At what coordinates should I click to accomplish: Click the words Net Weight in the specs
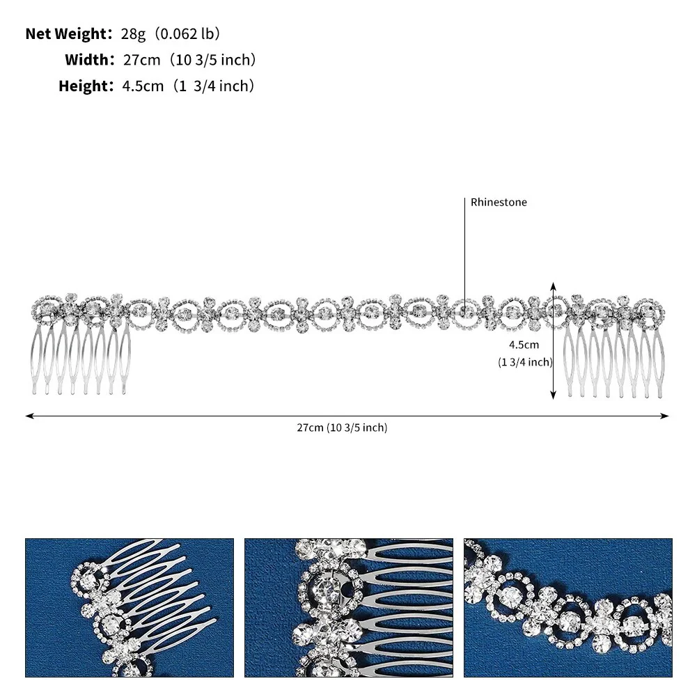pyautogui.click(x=66, y=34)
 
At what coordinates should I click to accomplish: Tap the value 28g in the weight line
pyautogui.click(x=133, y=34)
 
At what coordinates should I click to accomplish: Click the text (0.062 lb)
pyautogui.click(x=187, y=34)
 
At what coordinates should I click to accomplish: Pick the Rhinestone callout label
pyautogui.click(x=499, y=202)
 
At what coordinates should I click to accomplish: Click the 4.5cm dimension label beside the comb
pyautogui.click(x=524, y=345)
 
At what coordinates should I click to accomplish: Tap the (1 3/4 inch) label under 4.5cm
pyautogui.click(x=525, y=362)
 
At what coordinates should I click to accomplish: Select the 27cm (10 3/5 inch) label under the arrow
pyautogui.click(x=343, y=428)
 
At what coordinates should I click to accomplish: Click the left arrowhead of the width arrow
pyautogui.click(x=28, y=416)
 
